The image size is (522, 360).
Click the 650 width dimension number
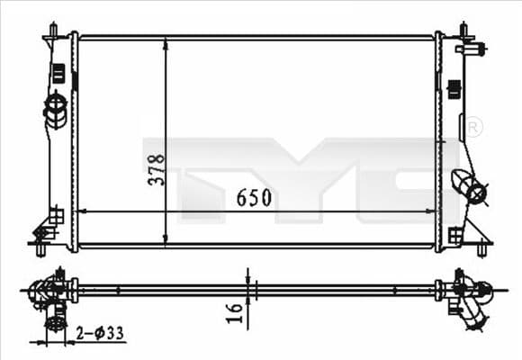point(254,198)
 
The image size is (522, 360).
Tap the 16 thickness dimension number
point(235,311)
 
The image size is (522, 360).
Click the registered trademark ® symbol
point(473,128)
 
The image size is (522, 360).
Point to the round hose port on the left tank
point(55,111)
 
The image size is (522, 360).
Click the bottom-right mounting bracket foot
point(481,240)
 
